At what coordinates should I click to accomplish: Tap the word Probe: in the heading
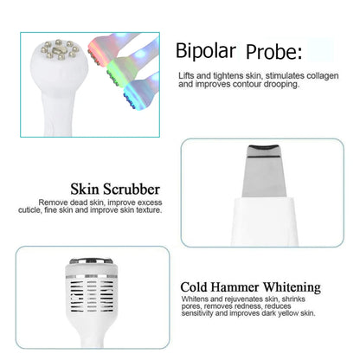click(x=273, y=53)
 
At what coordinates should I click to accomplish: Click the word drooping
click(x=273, y=85)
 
